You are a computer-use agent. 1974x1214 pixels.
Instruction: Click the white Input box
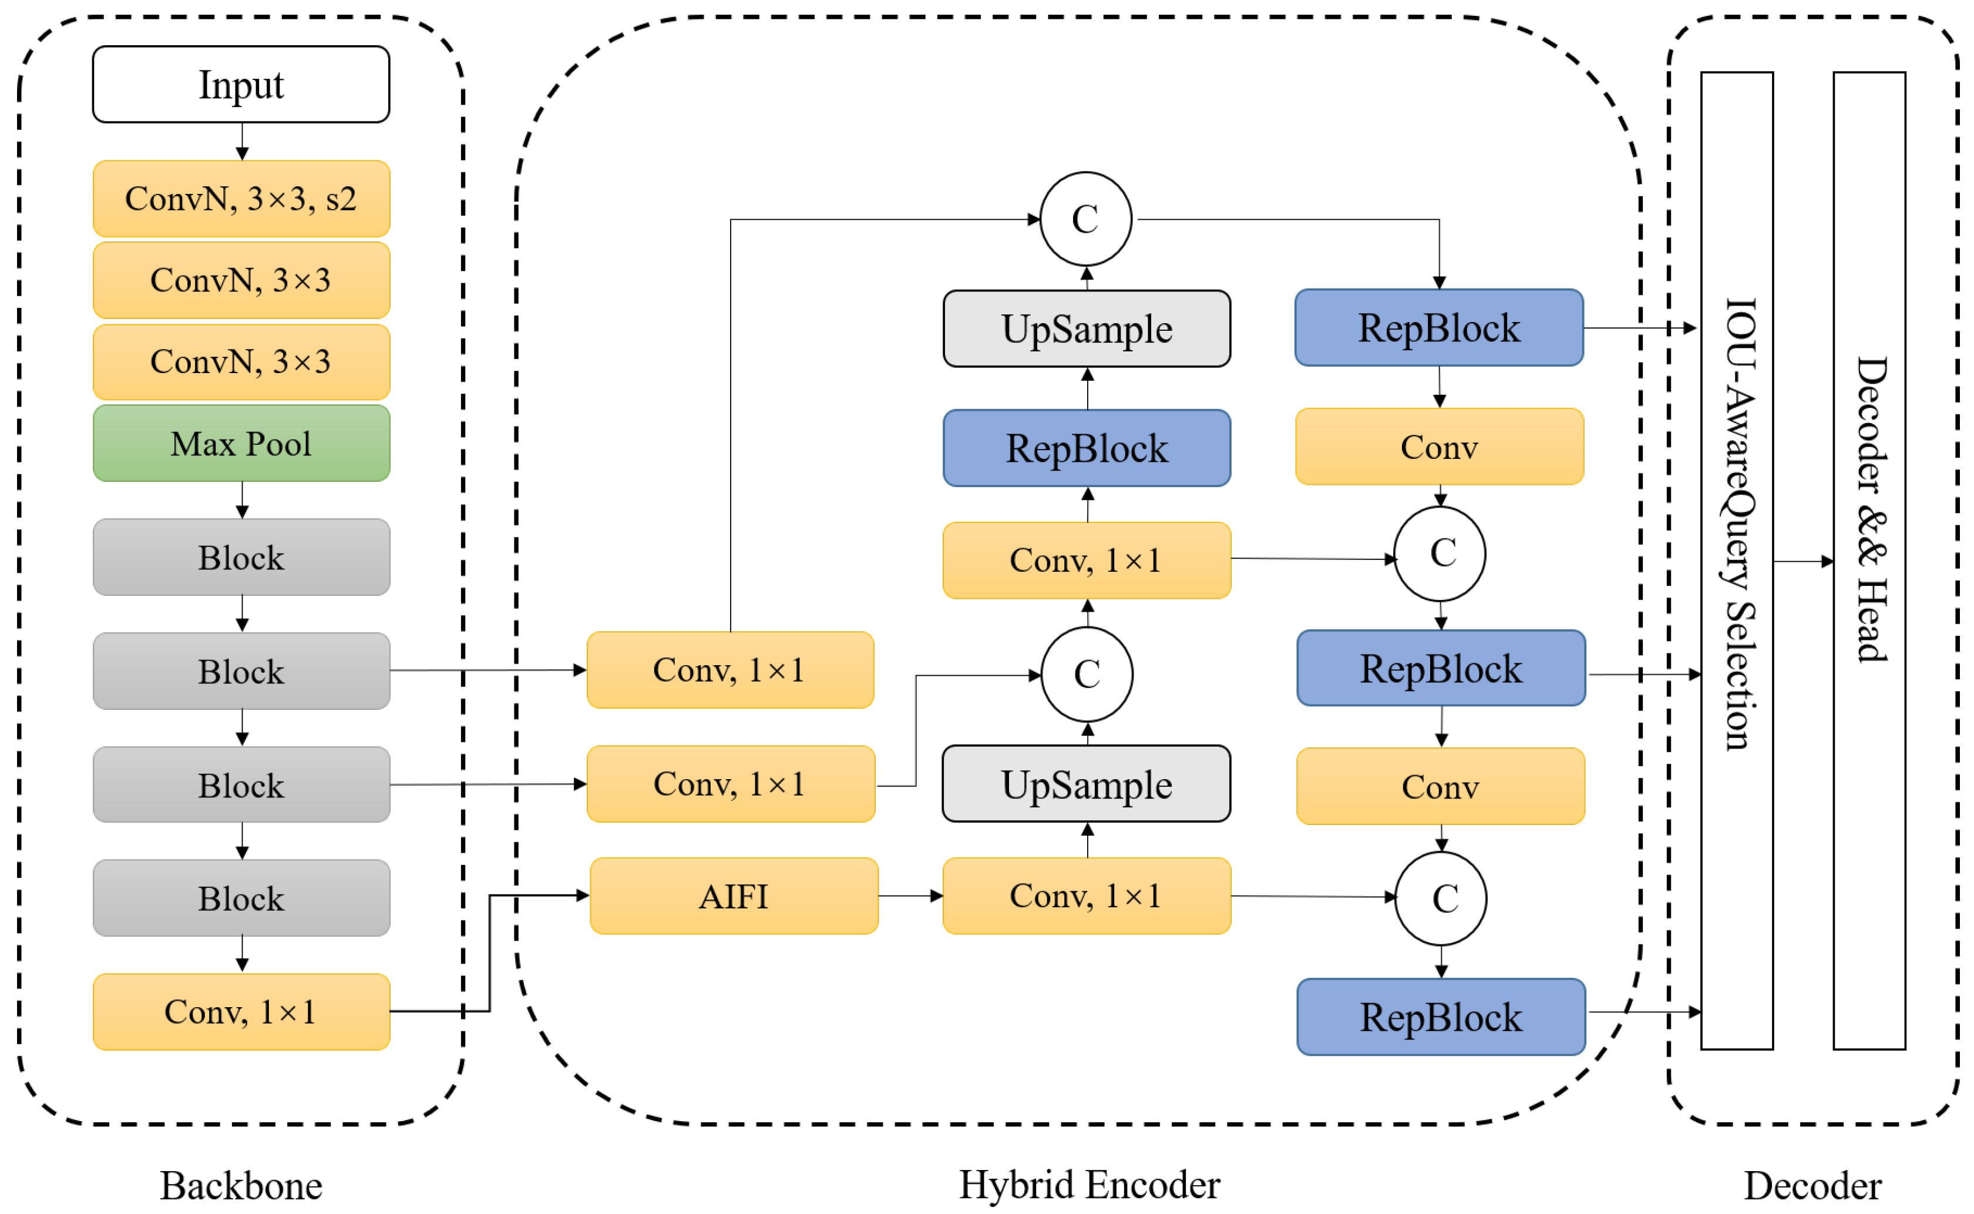(x=241, y=84)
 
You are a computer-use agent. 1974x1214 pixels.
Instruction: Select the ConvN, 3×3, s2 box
(x=241, y=199)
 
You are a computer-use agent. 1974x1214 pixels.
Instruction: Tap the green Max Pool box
(x=241, y=443)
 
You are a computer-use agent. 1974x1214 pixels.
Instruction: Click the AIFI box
(x=734, y=896)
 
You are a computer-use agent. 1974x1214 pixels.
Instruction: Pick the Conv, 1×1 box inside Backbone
(x=241, y=1012)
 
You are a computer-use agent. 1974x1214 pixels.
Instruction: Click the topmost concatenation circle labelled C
(x=1086, y=219)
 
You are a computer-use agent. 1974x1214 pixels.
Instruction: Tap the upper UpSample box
(x=1087, y=328)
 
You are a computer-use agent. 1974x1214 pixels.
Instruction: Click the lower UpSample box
(x=1086, y=784)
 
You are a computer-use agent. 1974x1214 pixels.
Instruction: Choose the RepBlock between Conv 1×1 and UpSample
(x=1087, y=448)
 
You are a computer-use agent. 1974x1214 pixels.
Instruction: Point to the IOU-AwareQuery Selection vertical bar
(x=1737, y=561)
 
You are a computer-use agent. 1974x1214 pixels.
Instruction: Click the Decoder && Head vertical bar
(x=1869, y=561)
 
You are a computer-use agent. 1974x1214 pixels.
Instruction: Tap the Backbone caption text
(x=241, y=1185)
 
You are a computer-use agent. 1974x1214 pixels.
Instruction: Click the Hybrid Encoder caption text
(x=1089, y=1184)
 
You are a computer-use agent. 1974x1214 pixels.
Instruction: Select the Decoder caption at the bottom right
(x=1812, y=1185)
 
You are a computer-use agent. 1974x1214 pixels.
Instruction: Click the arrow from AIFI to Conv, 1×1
(x=910, y=896)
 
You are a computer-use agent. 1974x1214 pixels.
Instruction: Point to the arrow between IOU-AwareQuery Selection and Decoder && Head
(x=1803, y=561)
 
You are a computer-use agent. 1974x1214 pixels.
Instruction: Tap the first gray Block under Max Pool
(x=241, y=557)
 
